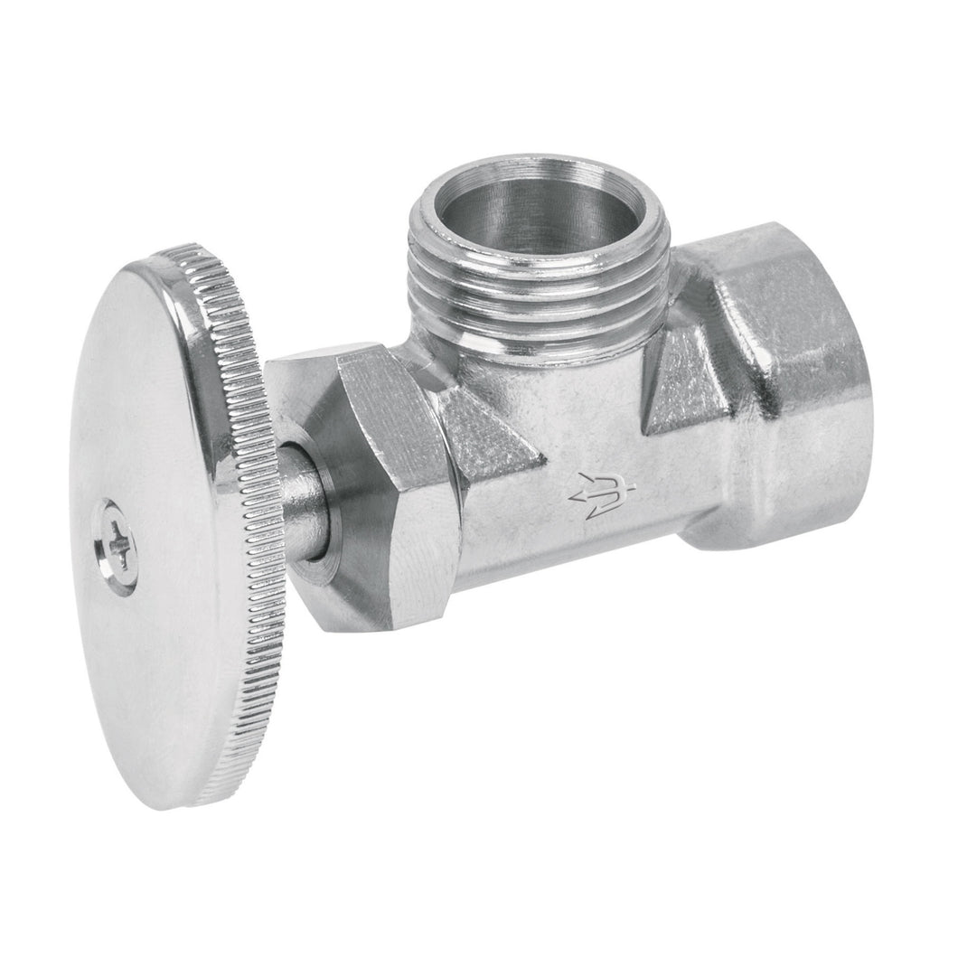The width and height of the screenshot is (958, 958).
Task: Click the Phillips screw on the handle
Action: (x=118, y=546)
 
